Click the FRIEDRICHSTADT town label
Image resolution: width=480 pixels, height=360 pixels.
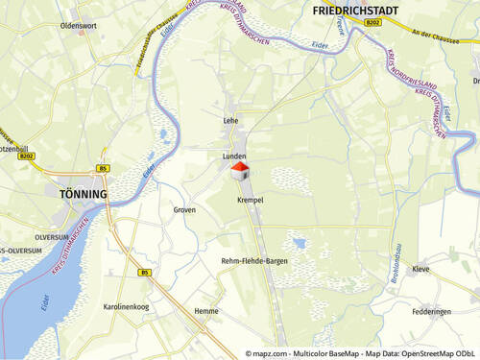pyautogui.click(x=357, y=11)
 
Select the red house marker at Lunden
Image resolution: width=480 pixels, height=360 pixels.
pyautogui.click(x=240, y=172)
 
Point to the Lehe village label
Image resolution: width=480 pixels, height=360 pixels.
pyautogui.click(x=230, y=121)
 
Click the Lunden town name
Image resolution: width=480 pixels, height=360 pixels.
pyautogui.click(x=235, y=155)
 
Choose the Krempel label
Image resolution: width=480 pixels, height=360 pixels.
pyautogui.click(x=250, y=200)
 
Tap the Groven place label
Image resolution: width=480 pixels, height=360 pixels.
pyautogui.click(x=184, y=209)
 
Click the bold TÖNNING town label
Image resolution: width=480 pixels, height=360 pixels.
pyautogui.click(x=77, y=193)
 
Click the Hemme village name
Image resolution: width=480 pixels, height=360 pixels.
pyautogui.click(x=206, y=311)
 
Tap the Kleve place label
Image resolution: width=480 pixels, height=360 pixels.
pyautogui.click(x=420, y=270)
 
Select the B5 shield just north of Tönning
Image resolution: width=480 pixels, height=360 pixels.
pyautogui.click(x=103, y=169)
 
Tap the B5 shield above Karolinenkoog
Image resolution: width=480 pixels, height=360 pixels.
pyautogui.click(x=144, y=273)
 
